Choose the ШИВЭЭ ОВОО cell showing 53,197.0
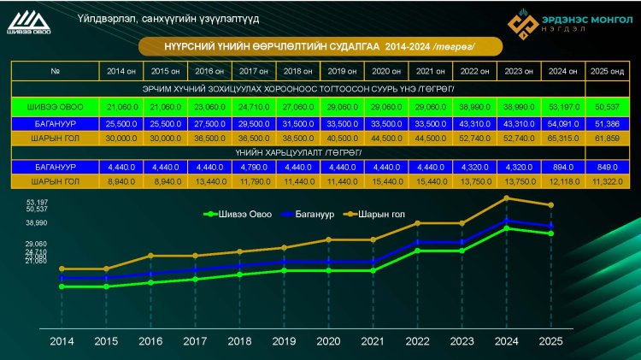(x=561, y=106)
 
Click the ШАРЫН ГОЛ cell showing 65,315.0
(x=561, y=136)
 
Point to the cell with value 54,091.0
(x=561, y=121)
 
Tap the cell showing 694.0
(x=561, y=167)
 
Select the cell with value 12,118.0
(x=561, y=182)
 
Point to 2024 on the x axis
(x=506, y=341)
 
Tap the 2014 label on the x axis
(x=62, y=341)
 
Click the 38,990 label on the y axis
(x=36, y=223)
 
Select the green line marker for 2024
(x=507, y=228)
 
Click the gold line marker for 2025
(x=551, y=205)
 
